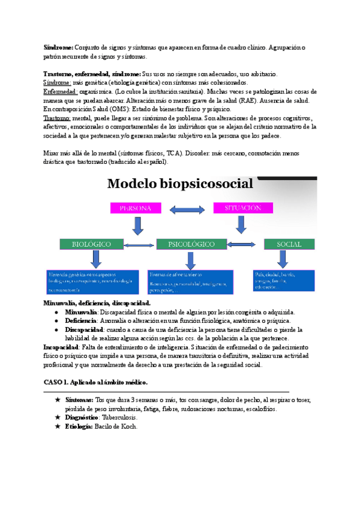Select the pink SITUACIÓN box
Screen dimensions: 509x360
pos(242,208)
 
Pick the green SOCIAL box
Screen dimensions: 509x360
pos(289,244)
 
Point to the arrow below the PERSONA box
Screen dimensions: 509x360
pos(137,226)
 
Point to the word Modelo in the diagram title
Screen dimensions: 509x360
pos(135,184)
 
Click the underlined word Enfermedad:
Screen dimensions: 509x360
pos(61,92)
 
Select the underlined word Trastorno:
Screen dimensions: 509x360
pos(57,119)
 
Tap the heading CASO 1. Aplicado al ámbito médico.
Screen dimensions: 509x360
pos(95,382)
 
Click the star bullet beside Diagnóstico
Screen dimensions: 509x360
pos(57,417)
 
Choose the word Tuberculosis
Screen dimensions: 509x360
pos(119,417)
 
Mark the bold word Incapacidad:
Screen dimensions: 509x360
pos(64,347)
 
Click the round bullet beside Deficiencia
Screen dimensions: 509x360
pos(56,321)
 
